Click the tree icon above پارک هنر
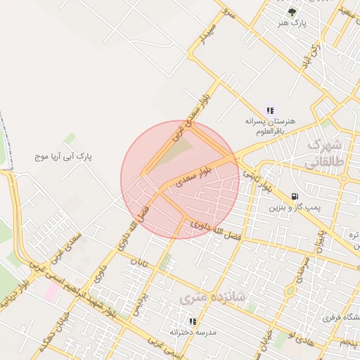pos(292,11)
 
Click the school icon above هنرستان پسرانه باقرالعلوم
pos(270,110)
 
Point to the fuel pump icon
pos(294,196)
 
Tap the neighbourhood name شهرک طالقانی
pos(323,154)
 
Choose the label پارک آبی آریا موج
pos(64,155)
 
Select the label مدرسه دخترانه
pos(192,332)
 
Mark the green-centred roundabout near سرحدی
pos(290,291)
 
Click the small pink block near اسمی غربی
pos(52,292)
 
